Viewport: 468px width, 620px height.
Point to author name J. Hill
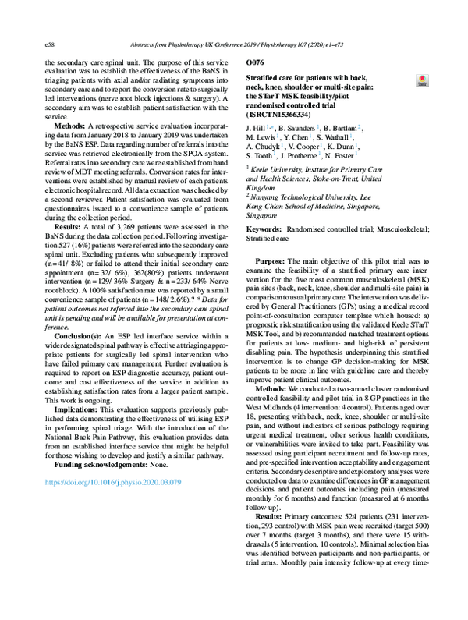tap(257, 126)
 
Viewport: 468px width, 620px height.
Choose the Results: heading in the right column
tap(272, 516)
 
